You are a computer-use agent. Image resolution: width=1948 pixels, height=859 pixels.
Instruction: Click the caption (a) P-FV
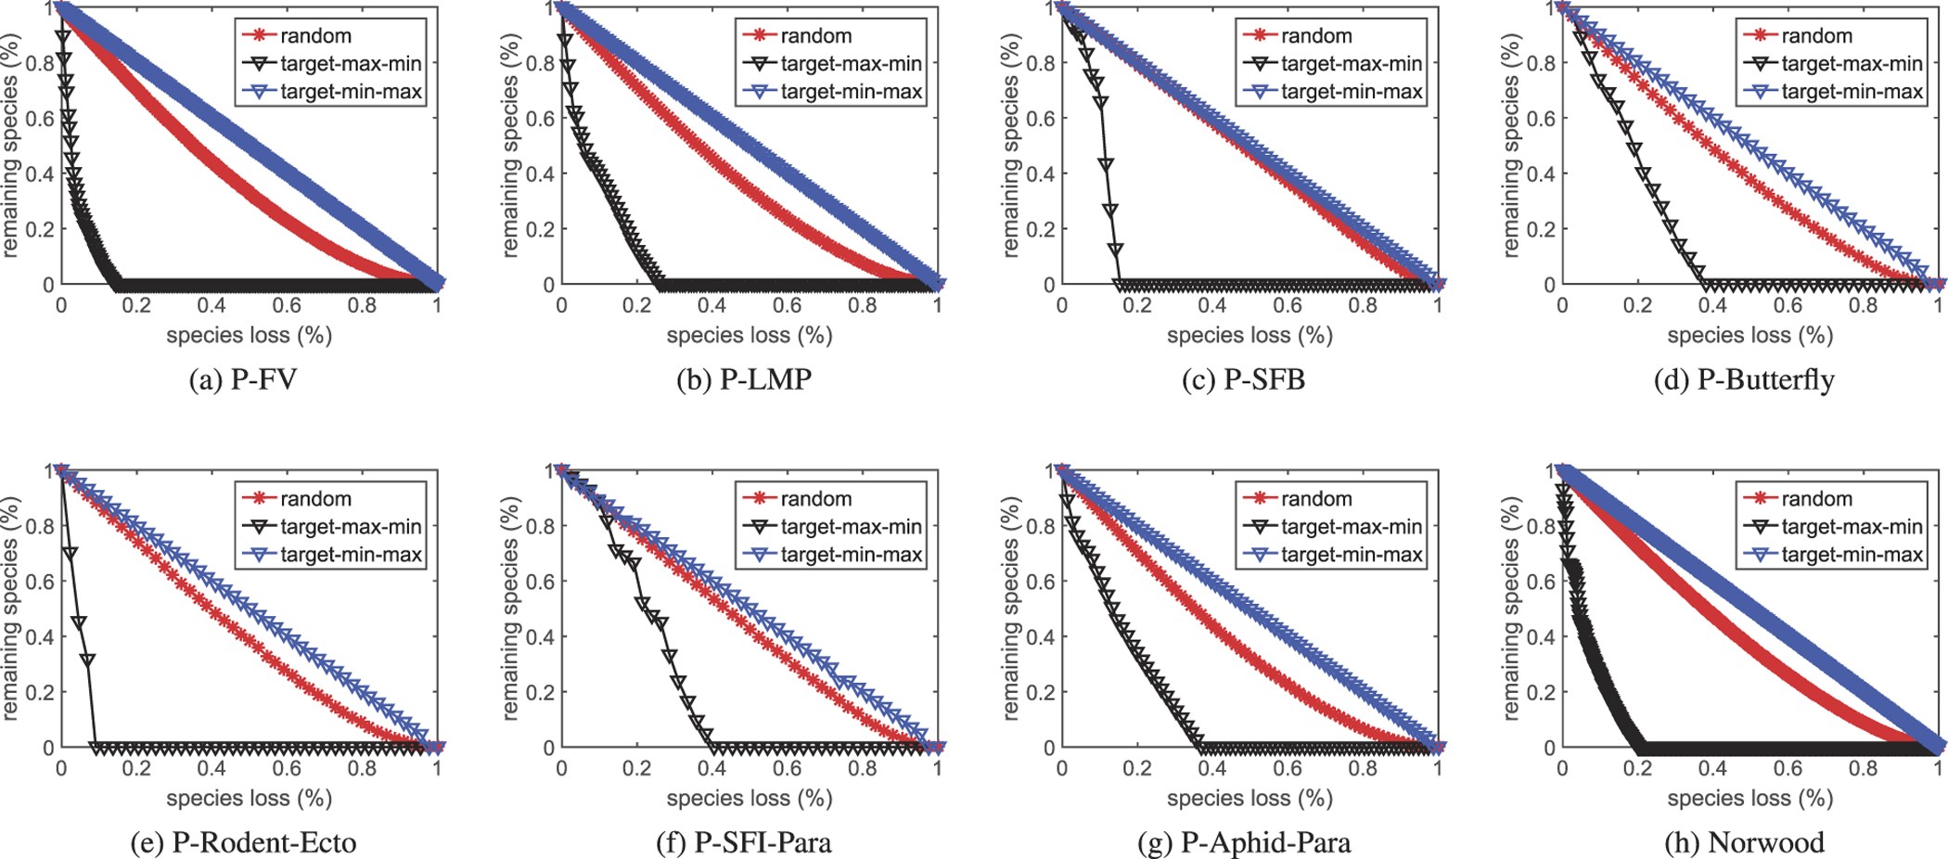click(242, 380)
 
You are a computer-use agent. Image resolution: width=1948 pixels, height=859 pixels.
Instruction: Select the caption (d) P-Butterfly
click(1744, 380)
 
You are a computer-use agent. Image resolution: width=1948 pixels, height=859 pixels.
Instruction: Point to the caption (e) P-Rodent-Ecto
click(244, 842)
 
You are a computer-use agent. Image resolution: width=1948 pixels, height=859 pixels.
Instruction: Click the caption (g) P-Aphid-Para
click(1244, 842)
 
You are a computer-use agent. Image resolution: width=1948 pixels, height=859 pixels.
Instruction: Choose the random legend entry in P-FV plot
click(315, 36)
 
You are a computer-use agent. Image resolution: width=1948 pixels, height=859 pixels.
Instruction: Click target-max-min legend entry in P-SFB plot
click(1351, 64)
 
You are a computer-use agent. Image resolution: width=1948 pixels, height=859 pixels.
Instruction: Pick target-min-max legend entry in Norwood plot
click(1852, 555)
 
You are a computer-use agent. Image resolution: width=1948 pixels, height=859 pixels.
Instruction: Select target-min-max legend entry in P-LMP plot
click(851, 92)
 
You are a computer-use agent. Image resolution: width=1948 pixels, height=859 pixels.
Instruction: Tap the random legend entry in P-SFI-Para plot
click(815, 499)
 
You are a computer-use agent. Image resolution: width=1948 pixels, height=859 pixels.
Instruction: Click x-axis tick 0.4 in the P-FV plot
click(211, 305)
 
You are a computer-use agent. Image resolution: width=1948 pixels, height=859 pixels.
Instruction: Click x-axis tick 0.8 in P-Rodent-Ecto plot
click(362, 768)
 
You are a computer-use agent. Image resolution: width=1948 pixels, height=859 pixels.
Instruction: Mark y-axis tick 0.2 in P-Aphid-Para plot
click(1040, 692)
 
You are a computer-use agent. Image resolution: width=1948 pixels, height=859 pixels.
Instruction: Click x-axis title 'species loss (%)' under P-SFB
click(1250, 335)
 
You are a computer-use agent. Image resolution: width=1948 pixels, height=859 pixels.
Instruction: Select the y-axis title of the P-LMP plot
click(510, 146)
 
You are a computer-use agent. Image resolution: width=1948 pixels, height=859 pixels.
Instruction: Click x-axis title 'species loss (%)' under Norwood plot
click(1749, 798)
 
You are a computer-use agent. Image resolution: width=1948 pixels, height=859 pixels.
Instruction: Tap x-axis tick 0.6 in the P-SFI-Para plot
click(787, 768)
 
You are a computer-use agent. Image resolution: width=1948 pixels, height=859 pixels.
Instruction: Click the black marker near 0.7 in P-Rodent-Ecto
click(70, 553)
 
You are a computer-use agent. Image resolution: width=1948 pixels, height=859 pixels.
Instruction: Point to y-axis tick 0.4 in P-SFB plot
click(1040, 174)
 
